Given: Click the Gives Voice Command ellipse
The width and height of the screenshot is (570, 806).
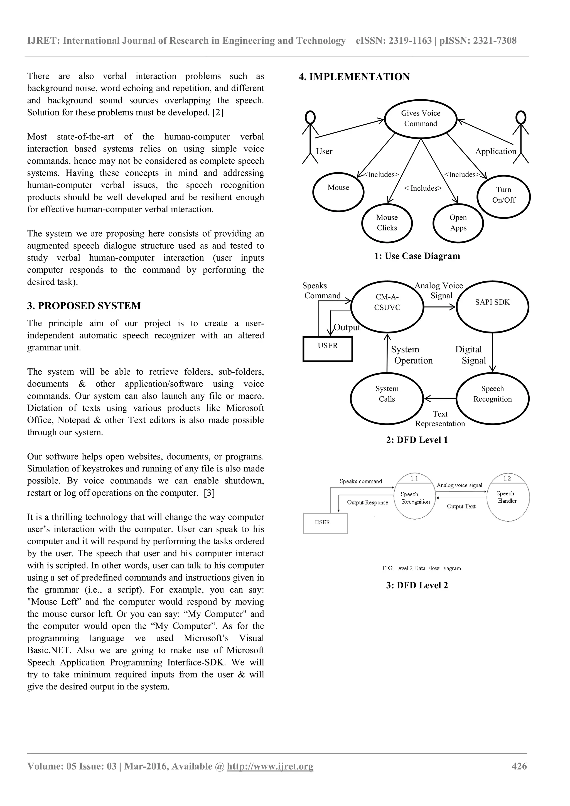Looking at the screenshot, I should tap(421, 119).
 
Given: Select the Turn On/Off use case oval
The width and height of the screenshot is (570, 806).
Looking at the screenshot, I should tap(504, 196).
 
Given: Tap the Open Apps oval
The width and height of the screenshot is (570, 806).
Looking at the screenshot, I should tap(458, 223).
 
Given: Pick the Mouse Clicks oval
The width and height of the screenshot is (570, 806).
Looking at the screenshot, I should tap(387, 223).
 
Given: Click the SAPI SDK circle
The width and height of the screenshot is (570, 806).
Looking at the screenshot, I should tap(492, 306).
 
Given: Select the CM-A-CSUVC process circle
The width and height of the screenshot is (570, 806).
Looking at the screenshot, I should tap(387, 306).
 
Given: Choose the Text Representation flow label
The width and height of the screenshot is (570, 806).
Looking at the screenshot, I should tap(440, 419).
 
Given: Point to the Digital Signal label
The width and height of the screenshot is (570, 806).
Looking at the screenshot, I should tap(470, 355).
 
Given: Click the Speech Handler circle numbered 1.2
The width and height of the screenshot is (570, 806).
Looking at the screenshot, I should tap(508, 497).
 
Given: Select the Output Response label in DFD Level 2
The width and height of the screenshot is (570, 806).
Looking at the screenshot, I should tap(367, 502).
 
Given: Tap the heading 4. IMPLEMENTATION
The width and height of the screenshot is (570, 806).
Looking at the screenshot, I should tap(354, 77).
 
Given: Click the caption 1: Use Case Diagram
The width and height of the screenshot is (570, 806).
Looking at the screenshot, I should tap(417, 256).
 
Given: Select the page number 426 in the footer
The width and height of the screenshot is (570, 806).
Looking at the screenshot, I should tap(519, 766).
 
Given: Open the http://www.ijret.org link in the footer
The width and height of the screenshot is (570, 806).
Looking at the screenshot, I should tap(270, 766).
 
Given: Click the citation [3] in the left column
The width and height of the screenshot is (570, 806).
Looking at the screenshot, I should tap(209, 493).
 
